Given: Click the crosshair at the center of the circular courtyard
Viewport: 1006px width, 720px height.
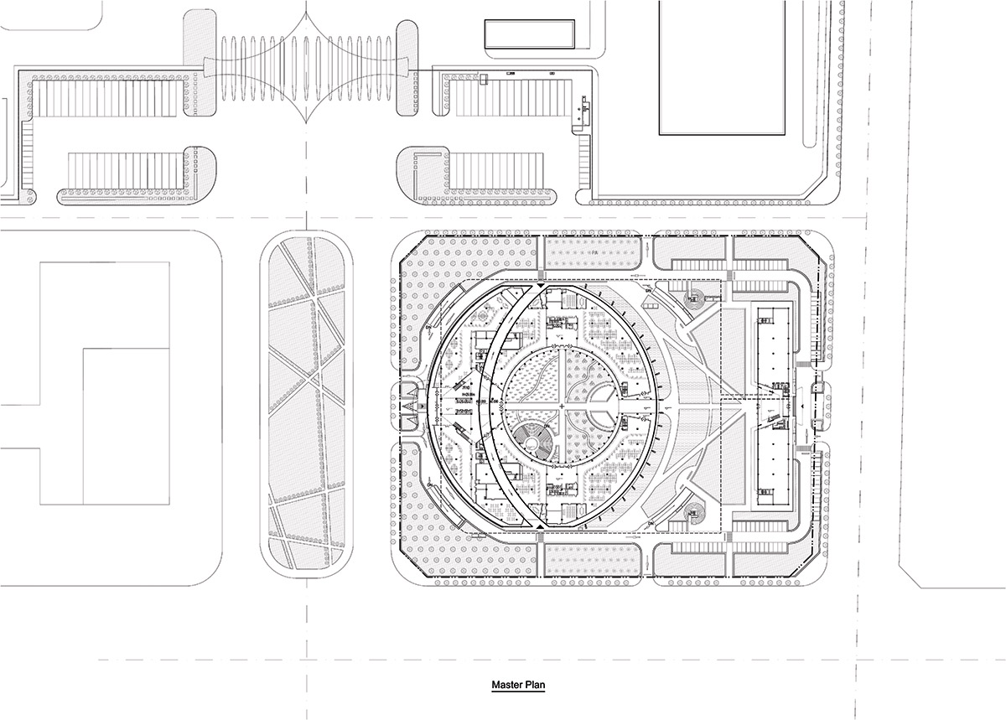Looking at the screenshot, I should pos(562,406).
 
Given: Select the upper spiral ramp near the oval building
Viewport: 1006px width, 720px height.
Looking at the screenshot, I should pos(696,295).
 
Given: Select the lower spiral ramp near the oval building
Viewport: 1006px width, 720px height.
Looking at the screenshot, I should pos(694,510).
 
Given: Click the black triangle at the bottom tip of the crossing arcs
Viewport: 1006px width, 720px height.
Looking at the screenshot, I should pos(542,525).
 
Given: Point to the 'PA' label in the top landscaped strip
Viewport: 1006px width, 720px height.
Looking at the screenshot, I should pos(593,251).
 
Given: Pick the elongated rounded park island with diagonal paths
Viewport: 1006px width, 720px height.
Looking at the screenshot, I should pos(307,406).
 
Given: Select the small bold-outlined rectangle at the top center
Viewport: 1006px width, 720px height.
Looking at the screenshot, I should pos(530,33).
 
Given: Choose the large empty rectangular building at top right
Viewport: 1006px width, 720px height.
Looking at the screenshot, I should pos(723,67).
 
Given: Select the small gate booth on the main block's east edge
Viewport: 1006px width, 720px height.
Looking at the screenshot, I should pos(815,405).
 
